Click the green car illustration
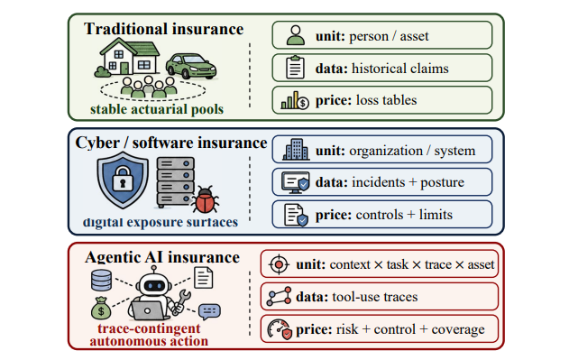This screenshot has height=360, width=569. (191, 66)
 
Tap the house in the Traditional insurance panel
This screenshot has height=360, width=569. (130, 57)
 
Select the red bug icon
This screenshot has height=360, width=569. (205, 199)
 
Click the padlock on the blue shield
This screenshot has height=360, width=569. (123, 179)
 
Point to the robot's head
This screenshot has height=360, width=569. (154, 282)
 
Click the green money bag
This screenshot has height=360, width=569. (101, 309)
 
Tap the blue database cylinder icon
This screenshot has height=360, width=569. (101, 280)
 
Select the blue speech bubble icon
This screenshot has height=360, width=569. (209, 311)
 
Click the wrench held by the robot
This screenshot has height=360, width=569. (181, 301)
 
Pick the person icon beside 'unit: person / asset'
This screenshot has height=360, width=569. (296, 35)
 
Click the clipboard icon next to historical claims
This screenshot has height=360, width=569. (295, 67)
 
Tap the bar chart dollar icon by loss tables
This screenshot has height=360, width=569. (295, 100)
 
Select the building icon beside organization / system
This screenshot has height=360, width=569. (296, 149)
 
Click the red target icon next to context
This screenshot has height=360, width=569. (279, 264)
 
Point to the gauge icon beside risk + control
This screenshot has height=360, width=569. (280, 329)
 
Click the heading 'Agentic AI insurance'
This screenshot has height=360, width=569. (162, 257)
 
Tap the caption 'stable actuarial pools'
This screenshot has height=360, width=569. (157, 109)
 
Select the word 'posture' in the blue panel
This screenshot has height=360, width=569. (442, 182)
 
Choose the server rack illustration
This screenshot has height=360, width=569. (176, 181)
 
